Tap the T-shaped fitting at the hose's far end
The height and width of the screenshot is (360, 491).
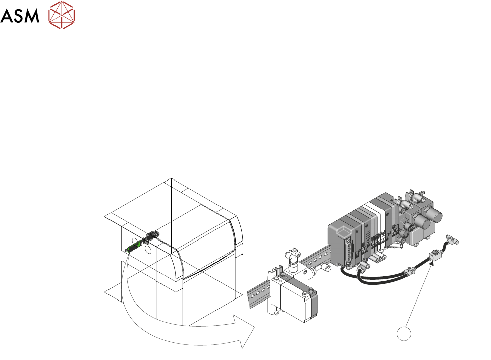click(452, 239)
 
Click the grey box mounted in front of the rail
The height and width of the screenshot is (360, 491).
click(300, 301)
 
